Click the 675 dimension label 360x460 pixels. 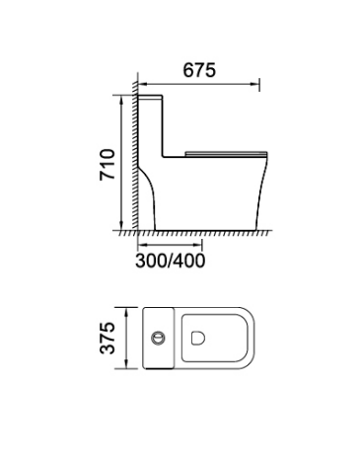(199, 70)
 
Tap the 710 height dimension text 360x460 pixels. (108, 165)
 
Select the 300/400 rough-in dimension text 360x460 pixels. (170, 261)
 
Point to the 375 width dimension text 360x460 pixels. (108, 338)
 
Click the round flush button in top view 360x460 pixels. (158, 338)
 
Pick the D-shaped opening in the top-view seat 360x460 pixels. (198, 338)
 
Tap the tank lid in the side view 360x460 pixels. (150, 97)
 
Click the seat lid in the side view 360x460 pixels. (226, 153)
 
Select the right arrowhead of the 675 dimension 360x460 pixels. (255, 84)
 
